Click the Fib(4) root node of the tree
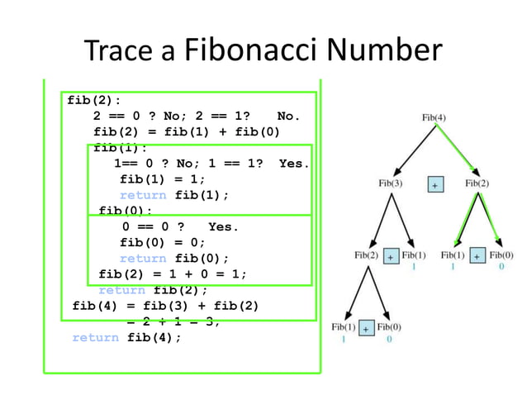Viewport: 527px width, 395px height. [434, 117]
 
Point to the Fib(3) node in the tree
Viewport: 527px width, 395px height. [391, 183]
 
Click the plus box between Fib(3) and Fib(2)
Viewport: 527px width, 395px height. [434, 184]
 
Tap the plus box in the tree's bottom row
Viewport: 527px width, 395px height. [366, 328]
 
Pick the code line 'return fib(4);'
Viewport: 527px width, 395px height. [126, 337]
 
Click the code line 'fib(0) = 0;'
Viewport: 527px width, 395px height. [163, 242]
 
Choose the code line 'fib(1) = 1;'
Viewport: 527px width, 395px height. [163, 179]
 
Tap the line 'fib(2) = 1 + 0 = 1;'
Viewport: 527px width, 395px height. [173, 274]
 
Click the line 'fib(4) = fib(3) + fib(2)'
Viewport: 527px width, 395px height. [165, 306]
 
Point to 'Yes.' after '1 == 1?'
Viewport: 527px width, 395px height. [293, 164]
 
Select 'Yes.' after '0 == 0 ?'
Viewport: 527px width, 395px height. [223, 226]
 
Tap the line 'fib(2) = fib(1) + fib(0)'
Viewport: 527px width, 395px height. [187, 132]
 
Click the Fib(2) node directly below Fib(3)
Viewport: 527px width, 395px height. [367, 255]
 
